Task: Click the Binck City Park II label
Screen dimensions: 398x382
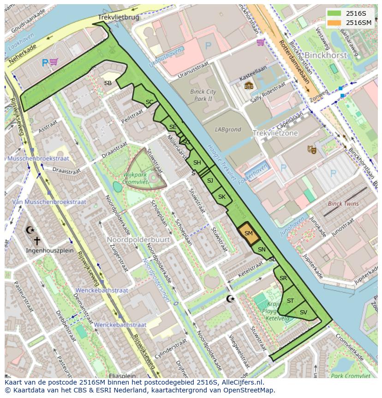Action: pos(203,95)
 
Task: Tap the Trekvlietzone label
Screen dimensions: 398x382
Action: pos(275,133)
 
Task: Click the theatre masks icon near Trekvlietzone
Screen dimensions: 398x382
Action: pos(312,149)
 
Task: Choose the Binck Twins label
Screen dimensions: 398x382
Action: pos(343,203)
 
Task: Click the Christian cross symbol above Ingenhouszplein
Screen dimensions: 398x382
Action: pos(37,241)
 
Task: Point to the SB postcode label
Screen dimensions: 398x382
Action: pos(107,83)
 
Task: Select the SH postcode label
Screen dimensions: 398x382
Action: pos(197,163)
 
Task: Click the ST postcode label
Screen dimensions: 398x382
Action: pos(290,301)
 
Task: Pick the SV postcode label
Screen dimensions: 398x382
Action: pos(303,312)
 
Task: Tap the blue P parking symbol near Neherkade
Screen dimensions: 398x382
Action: pos(45,62)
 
